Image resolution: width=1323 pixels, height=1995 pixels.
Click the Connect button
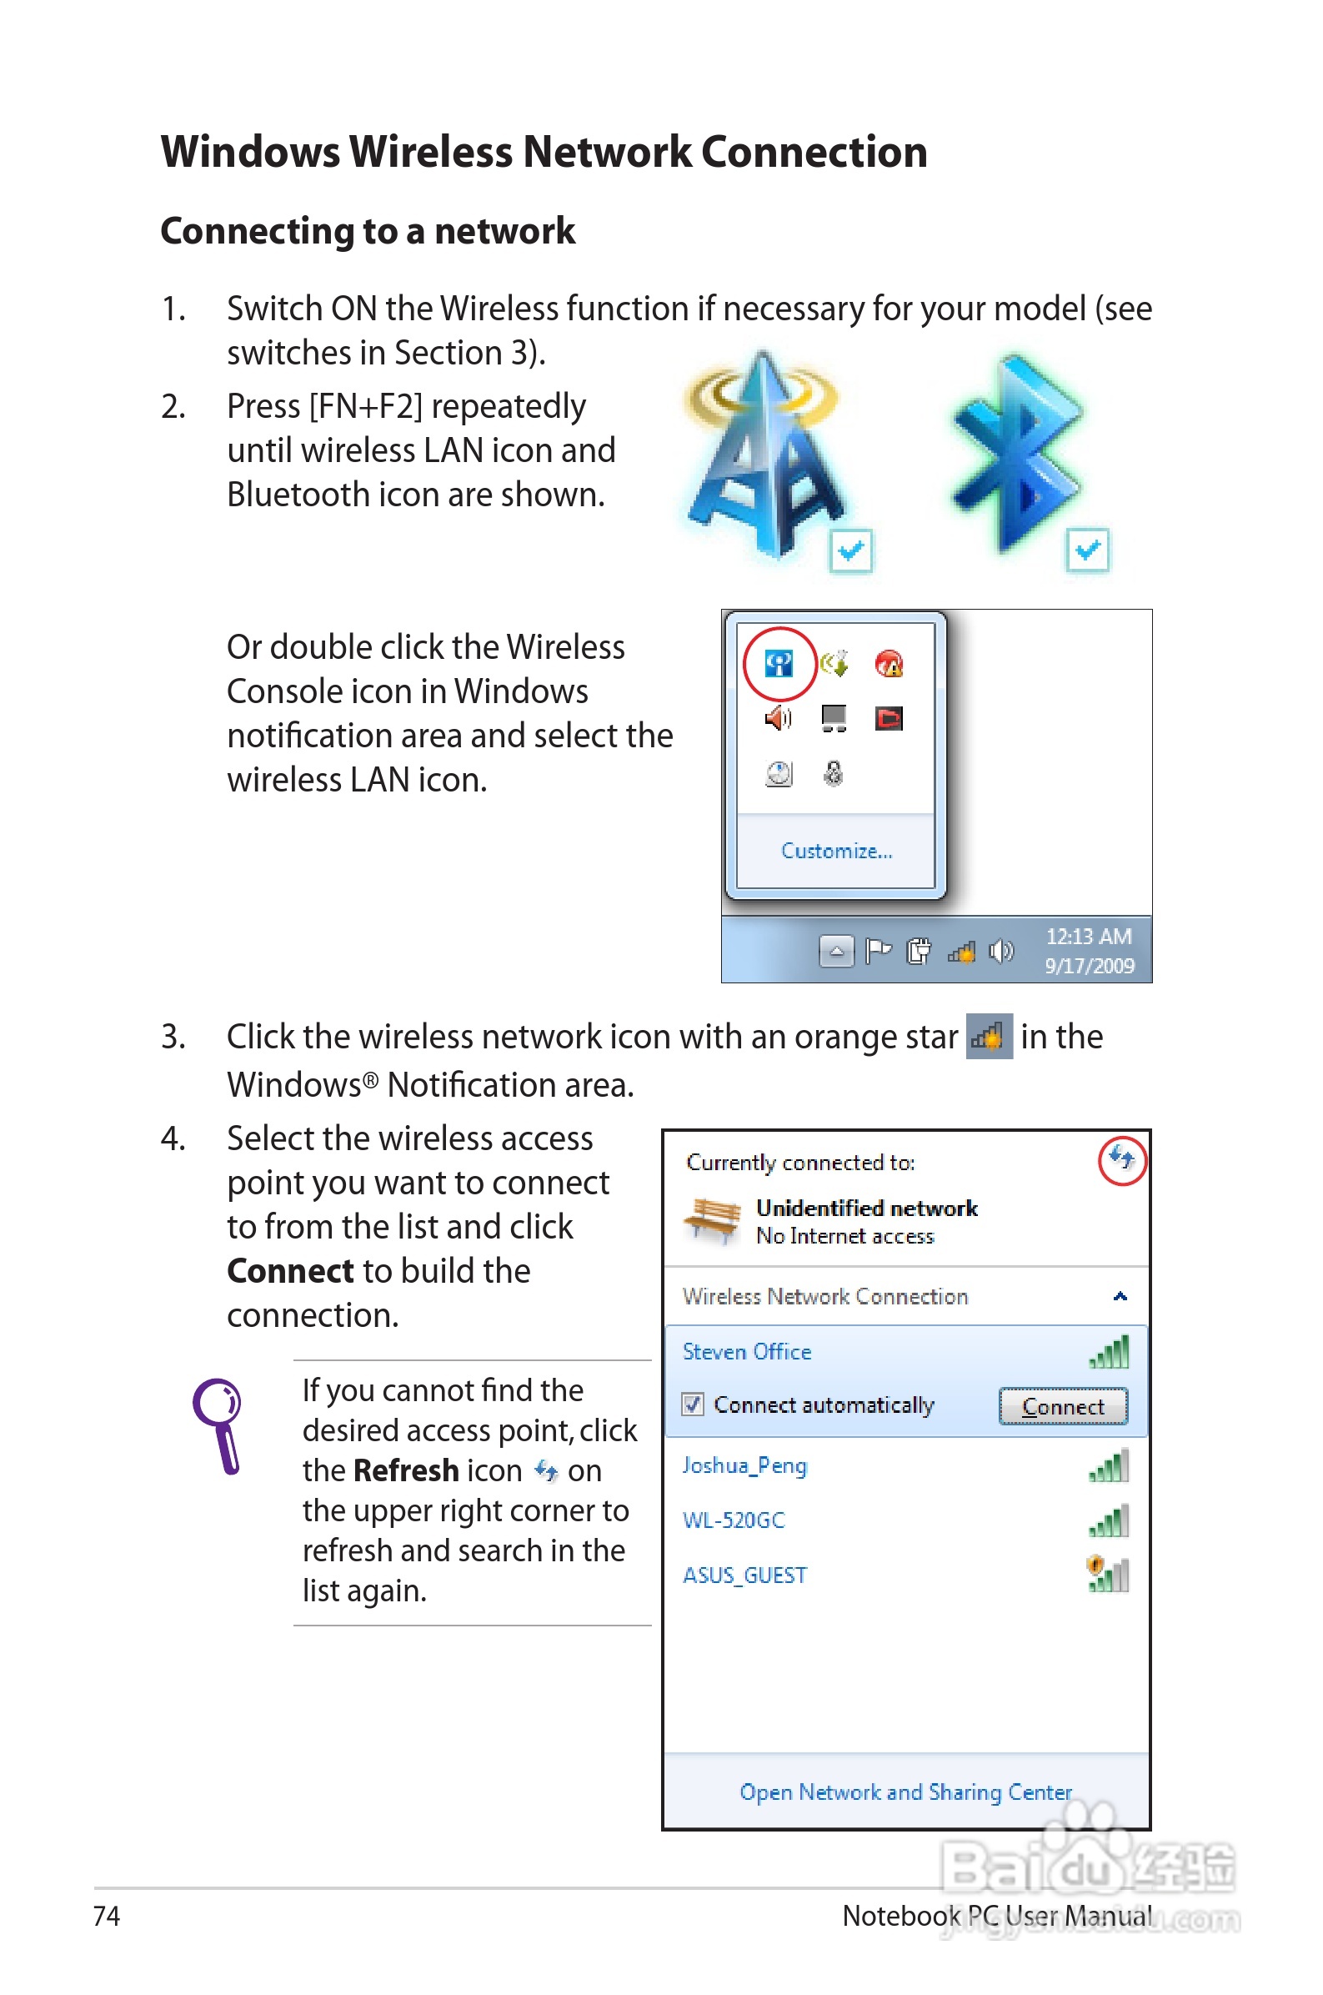[x=1062, y=1407]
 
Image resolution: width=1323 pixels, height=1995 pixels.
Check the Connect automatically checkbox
[x=693, y=1405]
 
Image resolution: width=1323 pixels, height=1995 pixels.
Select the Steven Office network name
[x=747, y=1352]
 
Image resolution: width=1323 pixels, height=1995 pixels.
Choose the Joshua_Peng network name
[x=744, y=1466]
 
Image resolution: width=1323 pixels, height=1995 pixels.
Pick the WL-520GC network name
[x=734, y=1520]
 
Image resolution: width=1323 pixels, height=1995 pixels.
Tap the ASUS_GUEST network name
[x=744, y=1575]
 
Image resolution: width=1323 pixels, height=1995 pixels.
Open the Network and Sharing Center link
[x=905, y=1791]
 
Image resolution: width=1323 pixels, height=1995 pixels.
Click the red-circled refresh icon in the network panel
[x=1121, y=1158]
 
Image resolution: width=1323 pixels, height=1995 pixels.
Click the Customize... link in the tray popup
[x=835, y=851]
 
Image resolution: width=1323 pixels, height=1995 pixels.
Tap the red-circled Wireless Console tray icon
[x=779, y=664]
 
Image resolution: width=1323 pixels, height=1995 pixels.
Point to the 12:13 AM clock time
[x=1089, y=937]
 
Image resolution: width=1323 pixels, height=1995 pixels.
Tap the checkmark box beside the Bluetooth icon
[x=1087, y=551]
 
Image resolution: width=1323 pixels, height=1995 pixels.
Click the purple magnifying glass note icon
[x=218, y=1425]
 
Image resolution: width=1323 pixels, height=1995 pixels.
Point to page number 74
[x=107, y=1917]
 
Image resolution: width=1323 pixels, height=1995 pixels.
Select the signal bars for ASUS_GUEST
[x=1108, y=1575]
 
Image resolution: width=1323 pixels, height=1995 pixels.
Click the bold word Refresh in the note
[x=406, y=1471]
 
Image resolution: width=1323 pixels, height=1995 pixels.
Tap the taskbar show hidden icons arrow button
[x=835, y=952]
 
